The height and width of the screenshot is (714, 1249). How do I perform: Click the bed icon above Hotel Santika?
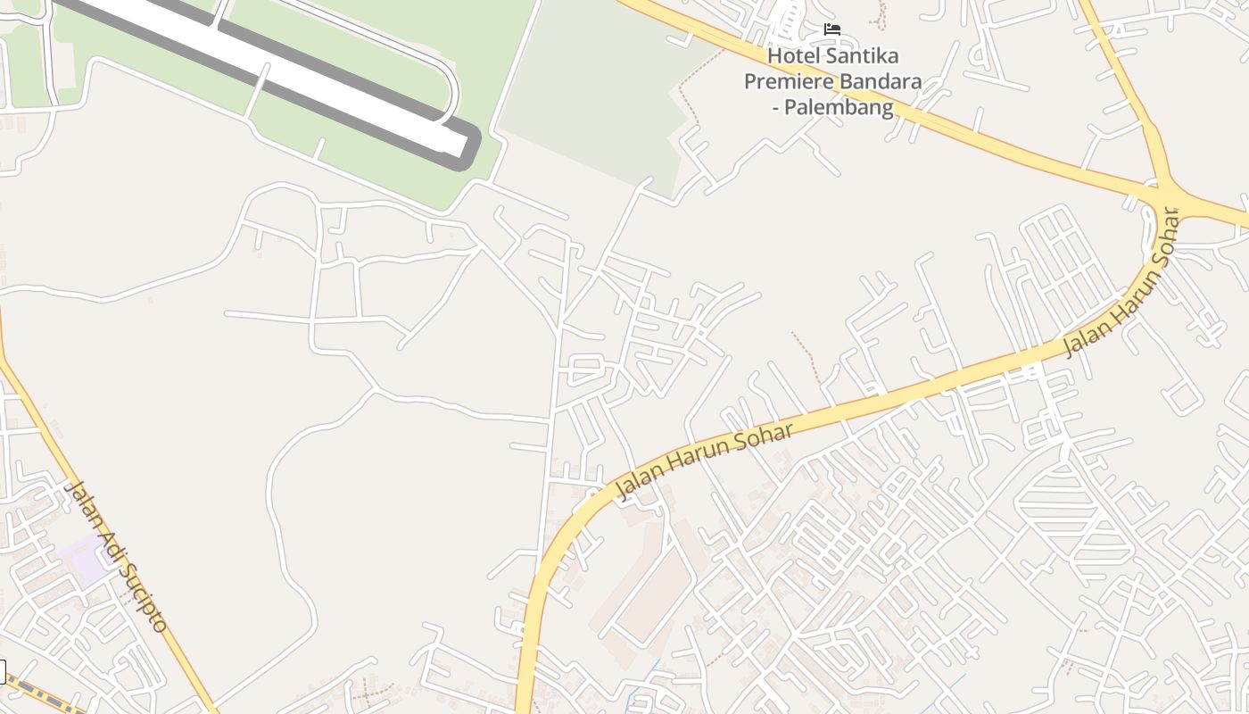pyautogui.click(x=831, y=29)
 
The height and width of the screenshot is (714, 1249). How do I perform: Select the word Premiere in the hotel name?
pyautogui.click(x=787, y=82)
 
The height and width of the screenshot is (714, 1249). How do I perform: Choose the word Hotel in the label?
pyautogui.click(x=792, y=55)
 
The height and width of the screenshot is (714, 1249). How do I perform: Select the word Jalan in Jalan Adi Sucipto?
pyautogui.click(x=83, y=502)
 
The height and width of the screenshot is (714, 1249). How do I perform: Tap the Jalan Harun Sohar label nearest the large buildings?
pyautogui.click(x=705, y=461)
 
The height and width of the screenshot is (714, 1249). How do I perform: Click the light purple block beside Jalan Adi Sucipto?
pyautogui.click(x=86, y=559)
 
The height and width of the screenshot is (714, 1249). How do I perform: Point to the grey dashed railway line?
pyautogui.click(x=45, y=693)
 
